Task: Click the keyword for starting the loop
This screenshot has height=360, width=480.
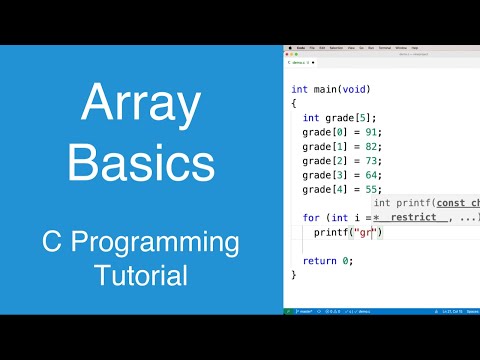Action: pos(311,217)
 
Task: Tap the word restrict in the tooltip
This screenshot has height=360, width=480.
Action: pos(413,217)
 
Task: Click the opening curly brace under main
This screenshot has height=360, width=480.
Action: pos(294,102)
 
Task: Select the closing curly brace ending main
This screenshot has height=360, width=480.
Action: pos(294,274)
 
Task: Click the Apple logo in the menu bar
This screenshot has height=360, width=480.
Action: pos(289,47)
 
